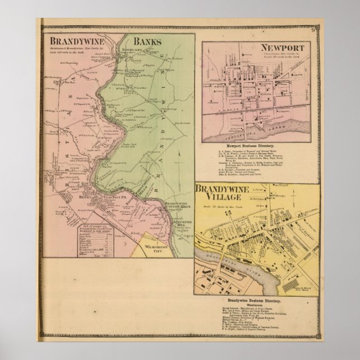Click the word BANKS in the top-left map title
(147, 41)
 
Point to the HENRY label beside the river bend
(84, 197)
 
